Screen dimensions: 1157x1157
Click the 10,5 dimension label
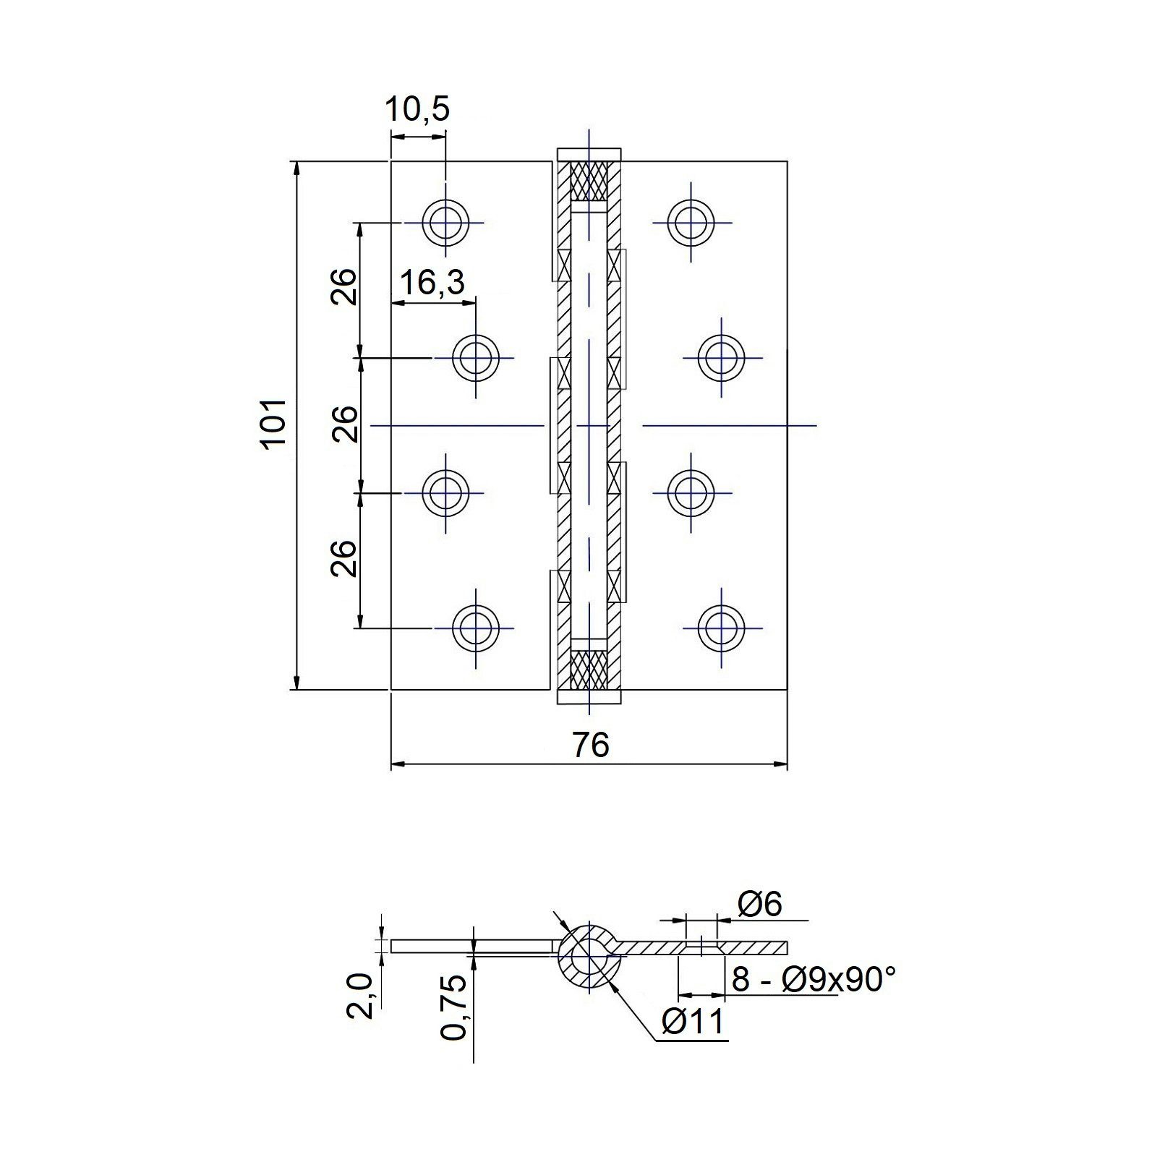417,110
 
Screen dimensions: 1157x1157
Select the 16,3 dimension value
432,283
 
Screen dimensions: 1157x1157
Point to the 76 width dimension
591,746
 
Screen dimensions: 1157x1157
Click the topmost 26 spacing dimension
344,287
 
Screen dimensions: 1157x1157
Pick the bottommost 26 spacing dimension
344,558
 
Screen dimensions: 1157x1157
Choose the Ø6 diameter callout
759,904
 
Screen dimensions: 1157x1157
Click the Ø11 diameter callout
693,1022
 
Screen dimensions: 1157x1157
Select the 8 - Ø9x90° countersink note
814,981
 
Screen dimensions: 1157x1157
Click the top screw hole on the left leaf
445,221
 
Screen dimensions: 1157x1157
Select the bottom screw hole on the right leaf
722,627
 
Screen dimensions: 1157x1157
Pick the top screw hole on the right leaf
691,221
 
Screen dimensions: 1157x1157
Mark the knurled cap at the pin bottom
589,669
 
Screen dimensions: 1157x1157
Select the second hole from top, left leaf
475,357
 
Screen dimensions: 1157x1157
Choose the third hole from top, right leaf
691,492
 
